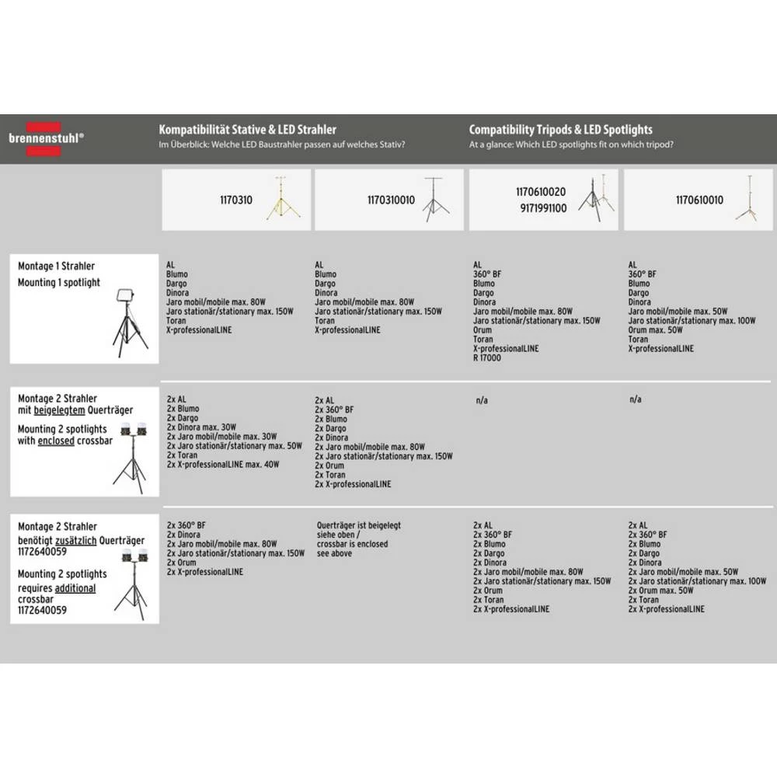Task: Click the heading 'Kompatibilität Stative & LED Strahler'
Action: tap(247, 130)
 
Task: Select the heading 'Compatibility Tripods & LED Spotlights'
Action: tap(560, 130)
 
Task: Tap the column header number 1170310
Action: tap(236, 200)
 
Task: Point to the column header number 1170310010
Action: tap(391, 200)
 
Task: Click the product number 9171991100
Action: tap(542, 208)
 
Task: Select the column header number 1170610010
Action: tap(699, 200)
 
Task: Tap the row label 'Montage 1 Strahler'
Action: tap(57, 267)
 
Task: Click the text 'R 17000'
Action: tap(487, 358)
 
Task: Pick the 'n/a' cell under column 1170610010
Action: tap(635, 399)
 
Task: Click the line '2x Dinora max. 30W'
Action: tap(201, 427)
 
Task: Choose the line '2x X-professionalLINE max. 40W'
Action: tap(222, 465)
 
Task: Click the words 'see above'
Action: tap(334, 553)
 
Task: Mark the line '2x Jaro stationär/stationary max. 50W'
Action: tap(234, 446)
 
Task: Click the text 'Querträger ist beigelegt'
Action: tap(358, 526)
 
